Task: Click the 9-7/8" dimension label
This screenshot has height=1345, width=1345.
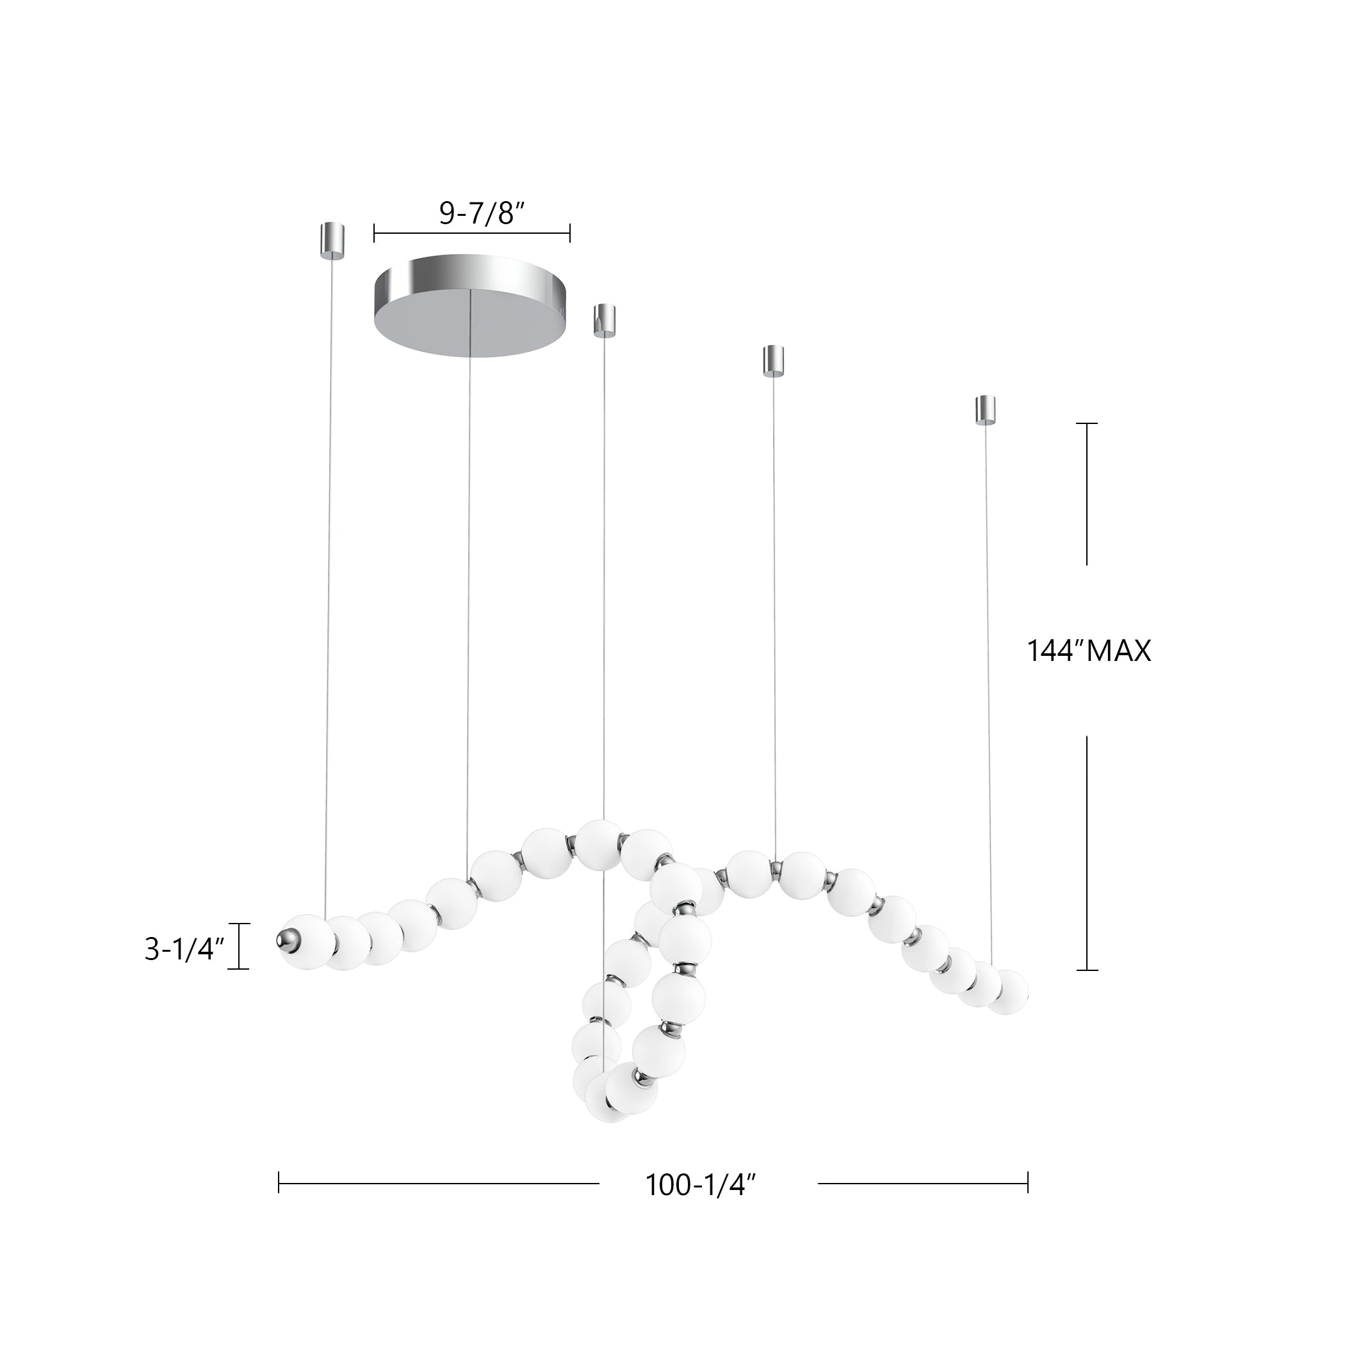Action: point(481,214)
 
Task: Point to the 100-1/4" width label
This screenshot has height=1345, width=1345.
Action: point(700,1185)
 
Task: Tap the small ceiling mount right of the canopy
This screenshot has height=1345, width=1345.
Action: point(603,320)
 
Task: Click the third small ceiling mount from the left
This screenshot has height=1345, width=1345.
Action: point(774,360)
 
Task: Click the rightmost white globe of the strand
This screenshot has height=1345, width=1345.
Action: point(1007,991)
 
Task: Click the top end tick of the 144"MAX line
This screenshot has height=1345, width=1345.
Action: point(1087,423)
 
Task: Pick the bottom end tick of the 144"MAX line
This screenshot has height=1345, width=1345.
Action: point(1087,970)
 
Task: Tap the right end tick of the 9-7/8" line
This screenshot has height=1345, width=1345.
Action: point(570,233)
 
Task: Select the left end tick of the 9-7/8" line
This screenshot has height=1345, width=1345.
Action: point(375,233)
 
